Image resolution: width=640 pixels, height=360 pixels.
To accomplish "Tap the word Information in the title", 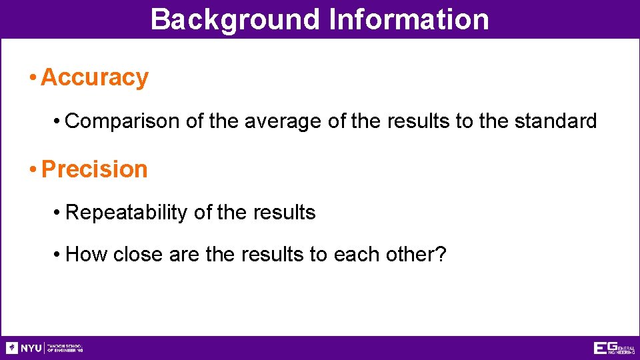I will point(409,19).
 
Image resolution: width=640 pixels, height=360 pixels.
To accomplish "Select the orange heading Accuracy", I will point(95,77).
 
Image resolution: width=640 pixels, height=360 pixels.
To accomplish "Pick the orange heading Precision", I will point(95,169).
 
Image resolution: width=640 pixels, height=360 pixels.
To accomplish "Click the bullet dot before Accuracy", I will point(33,78).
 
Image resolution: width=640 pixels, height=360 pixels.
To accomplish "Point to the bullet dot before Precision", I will point(33,170).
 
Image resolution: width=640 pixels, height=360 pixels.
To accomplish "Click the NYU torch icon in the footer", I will point(12,348).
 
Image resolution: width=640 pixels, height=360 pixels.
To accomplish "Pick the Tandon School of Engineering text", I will point(65,348).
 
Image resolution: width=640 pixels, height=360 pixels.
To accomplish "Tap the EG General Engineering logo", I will point(613,348).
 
